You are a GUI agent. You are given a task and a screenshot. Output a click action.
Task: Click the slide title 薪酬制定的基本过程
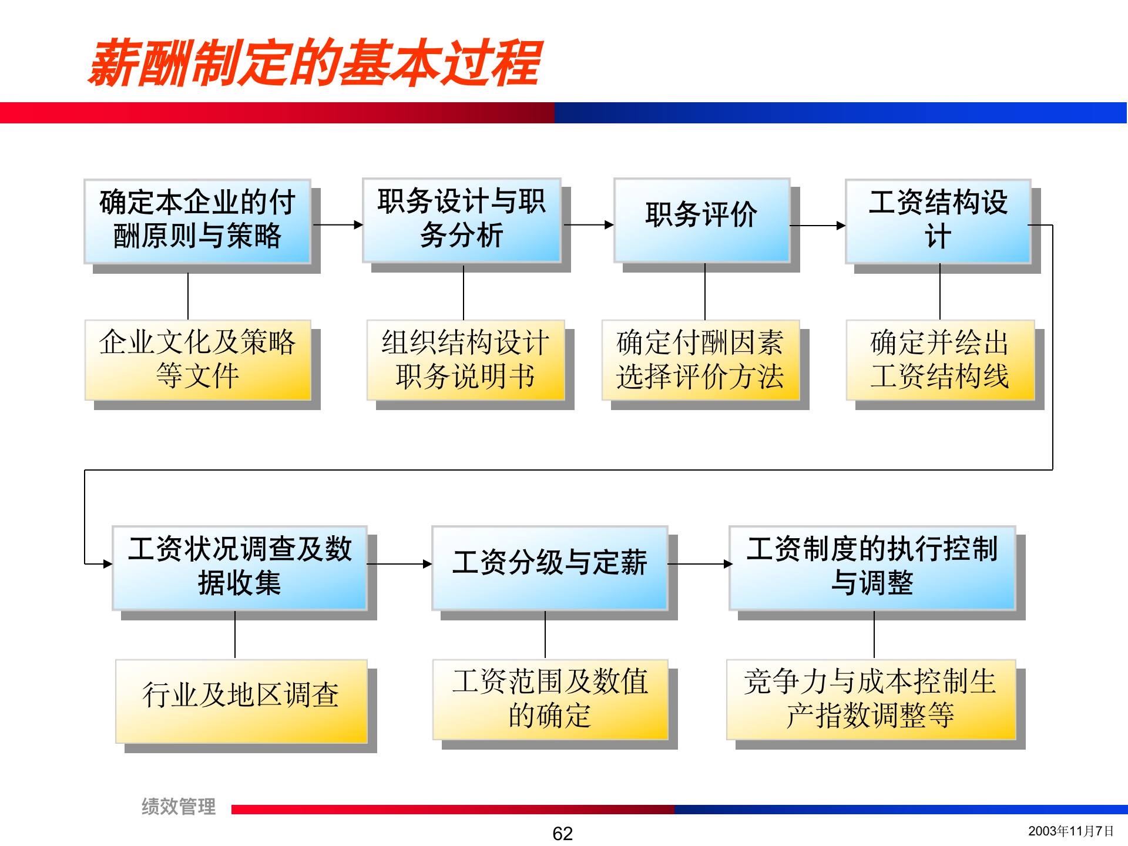click(x=315, y=63)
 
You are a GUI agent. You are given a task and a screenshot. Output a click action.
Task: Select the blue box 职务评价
click(x=701, y=220)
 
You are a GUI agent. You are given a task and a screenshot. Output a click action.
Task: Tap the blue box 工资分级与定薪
click(x=549, y=568)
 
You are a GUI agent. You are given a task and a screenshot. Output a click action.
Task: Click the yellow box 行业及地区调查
click(x=241, y=700)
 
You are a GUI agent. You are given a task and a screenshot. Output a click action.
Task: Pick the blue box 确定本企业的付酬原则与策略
click(x=197, y=221)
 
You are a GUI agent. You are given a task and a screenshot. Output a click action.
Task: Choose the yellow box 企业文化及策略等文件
click(x=197, y=360)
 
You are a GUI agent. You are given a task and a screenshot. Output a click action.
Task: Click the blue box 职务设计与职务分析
click(x=462, y=220)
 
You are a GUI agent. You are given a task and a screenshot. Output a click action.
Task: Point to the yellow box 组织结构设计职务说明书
click(x=465, y=360)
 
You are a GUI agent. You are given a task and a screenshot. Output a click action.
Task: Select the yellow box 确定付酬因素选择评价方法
click(x=700, y=360)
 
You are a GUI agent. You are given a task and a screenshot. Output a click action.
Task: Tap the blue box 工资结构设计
click(x=938, y=221)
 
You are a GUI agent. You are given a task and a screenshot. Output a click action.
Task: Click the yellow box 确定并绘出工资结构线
click(x=940, y=360)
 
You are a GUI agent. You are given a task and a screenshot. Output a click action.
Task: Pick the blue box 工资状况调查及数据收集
click(x=240, y=568)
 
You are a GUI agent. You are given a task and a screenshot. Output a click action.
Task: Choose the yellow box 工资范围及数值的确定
click(x=550, y=699)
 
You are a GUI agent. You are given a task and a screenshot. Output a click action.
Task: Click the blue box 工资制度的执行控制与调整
click(x=872, y=568)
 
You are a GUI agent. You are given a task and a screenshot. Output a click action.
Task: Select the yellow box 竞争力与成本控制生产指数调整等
click(x=871, y=699)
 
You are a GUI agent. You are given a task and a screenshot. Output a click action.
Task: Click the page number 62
click(x=562, y=833)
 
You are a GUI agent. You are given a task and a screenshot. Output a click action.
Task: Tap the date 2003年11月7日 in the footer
click(x=1070, y=831)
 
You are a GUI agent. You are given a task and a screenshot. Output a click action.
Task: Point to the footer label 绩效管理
click(x=179, y=807)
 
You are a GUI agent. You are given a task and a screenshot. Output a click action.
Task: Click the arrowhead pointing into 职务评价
click(x=609, y=224)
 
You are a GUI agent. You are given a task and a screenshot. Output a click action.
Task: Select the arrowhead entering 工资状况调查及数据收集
click(x=108, y=564)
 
